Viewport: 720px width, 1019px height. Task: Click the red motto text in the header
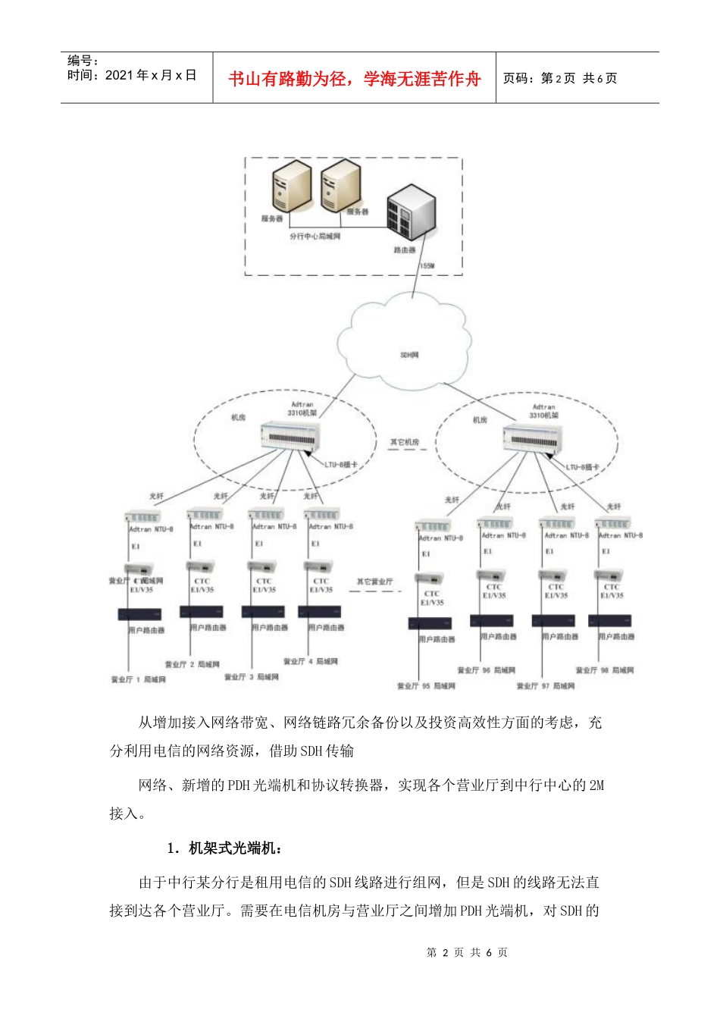[354, 79]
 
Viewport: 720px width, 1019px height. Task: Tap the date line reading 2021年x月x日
[132, 75]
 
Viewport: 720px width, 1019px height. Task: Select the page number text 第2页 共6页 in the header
[560, 78]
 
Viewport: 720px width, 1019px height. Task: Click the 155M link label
[427, 266]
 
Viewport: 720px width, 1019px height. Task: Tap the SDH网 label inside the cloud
[409, 355]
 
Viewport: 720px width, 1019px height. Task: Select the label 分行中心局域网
[315, 237]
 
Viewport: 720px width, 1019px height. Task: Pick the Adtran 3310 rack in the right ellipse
[533, 439]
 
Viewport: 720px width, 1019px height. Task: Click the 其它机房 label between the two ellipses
[405, 442]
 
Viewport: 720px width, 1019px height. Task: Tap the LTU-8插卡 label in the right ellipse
[582, 467]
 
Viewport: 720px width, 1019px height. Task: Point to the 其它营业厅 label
[374, 582]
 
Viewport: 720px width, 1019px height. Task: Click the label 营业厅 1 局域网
[139, 679]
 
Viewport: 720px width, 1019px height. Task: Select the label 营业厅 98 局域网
[604, 670]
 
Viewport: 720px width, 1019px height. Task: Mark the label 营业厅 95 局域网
[426, 686]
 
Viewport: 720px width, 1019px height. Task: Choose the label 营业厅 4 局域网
[311, 661]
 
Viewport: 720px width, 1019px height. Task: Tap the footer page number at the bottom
[467, 952]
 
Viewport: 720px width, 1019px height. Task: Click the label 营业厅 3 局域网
[252, 676]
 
